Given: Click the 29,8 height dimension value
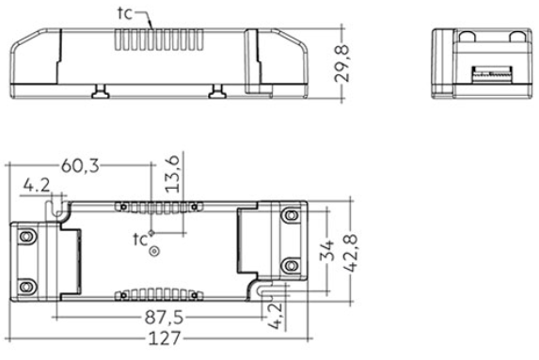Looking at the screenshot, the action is click(x=342, y=64).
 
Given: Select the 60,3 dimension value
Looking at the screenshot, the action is click(x=81, y=166).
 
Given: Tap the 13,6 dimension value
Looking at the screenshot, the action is click(x=172, y=174).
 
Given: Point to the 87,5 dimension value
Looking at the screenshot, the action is click(x=164, y=318).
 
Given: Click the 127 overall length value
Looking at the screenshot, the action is click(x=165, y=338).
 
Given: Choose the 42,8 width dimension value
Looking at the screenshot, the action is click(x=351, y=254).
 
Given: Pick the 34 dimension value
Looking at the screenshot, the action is click(x=327, y=250).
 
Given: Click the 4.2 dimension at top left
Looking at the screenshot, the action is click(x=37, y=185).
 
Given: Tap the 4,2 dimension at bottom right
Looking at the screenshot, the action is click(x=276, y=316).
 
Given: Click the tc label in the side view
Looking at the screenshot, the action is click(x=125, y=13).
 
